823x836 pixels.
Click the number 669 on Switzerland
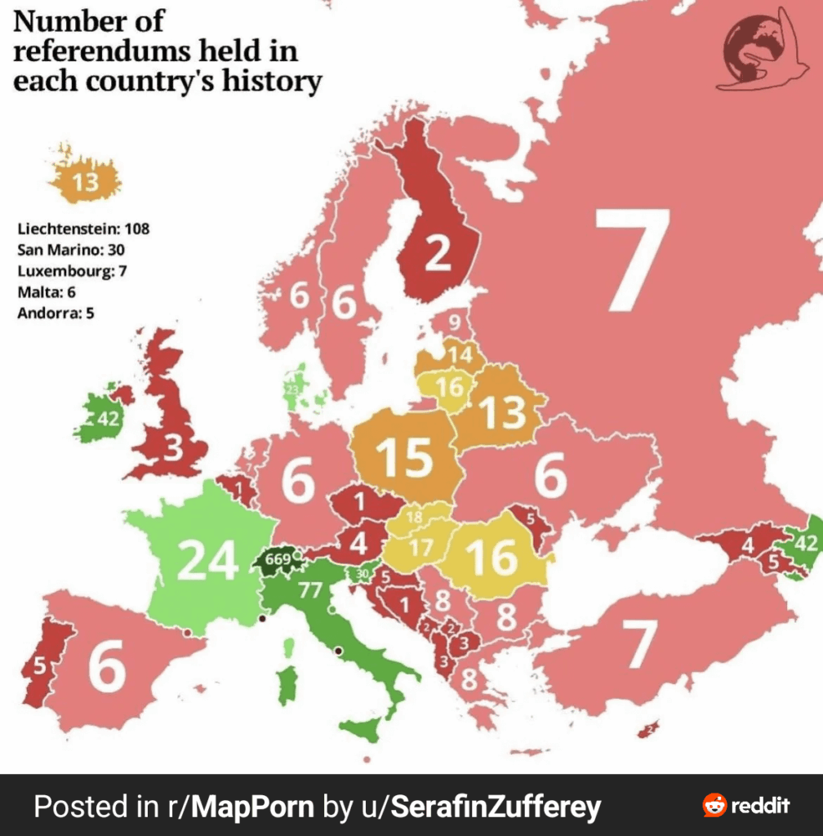click(278, 561)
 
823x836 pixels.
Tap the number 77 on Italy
click(309, 590)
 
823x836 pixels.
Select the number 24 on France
click(207, 561)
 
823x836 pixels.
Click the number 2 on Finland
click(438, 256)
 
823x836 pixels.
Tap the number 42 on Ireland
click(108, 420)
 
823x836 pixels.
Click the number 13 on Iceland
click(86, 182)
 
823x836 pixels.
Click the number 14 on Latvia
click(460, 355)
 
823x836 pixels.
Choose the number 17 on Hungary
click(421, 549)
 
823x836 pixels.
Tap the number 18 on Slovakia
click(414, 517)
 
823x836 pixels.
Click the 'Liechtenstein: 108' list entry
click(83, 228)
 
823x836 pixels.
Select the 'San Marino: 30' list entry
click(71, 249)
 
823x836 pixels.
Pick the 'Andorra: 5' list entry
click(56, 312)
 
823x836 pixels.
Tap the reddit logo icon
click(714, 806)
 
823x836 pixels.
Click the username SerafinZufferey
click(496, 807)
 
